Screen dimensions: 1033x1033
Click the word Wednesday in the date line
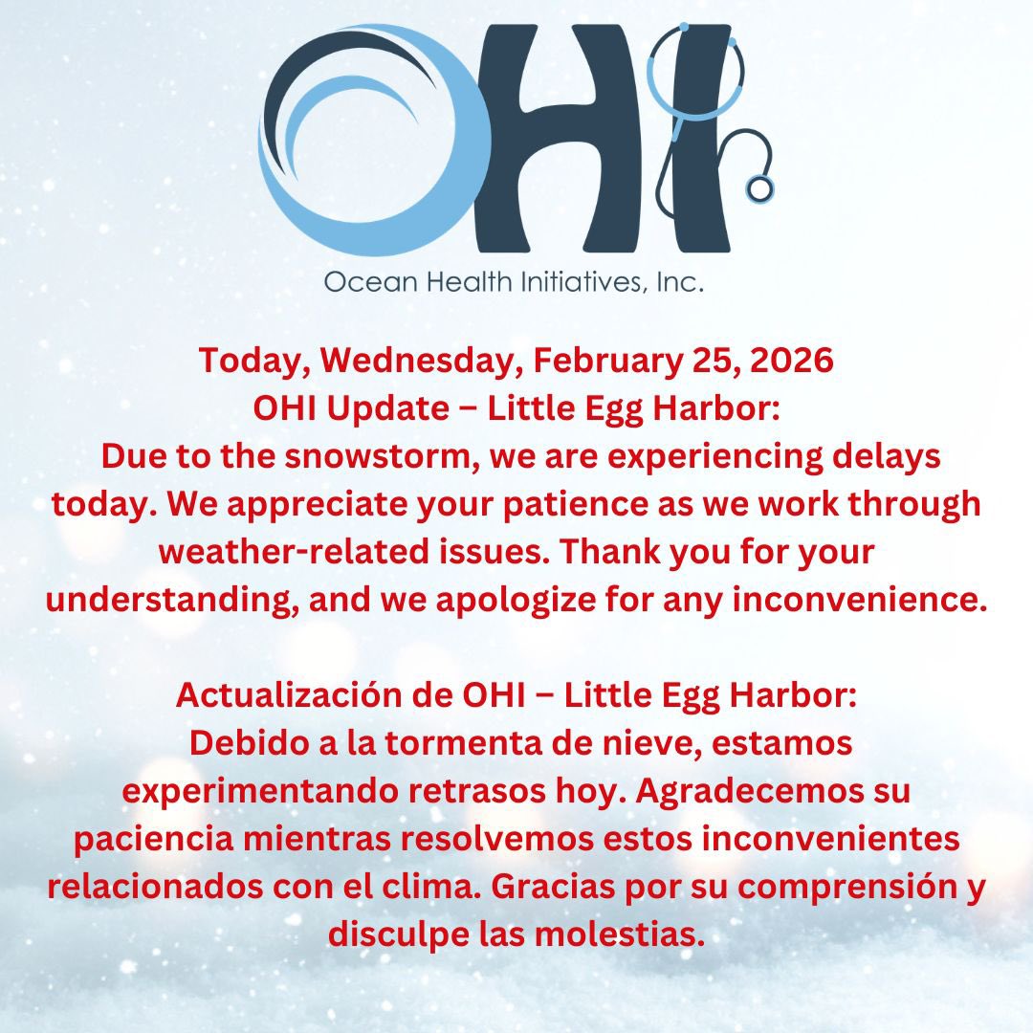click(x=418, y=362)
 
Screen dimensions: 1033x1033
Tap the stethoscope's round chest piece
click(x=760, y=188)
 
